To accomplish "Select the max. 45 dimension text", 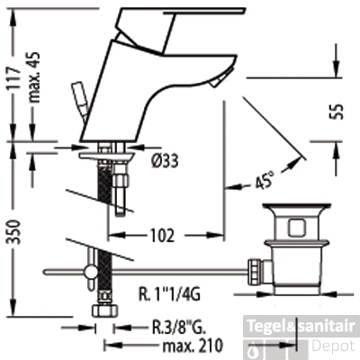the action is [34, 77].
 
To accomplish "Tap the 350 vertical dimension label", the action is [14, 231].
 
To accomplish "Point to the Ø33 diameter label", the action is [165, 160].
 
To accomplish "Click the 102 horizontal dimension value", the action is [162, 236].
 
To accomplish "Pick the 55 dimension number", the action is [337, 112].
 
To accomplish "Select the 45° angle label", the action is [265, 181].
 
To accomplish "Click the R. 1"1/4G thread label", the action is [168, 294].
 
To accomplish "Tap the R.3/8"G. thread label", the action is [177, 328].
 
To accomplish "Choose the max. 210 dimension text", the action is [193, 346].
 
